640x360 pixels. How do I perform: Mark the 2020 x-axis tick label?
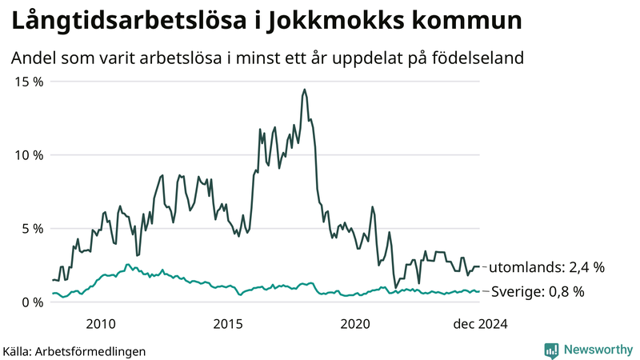pyautogui.click(x=356, y=324)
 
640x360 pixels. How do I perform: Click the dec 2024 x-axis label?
pyautogui.click(x=480, y=324)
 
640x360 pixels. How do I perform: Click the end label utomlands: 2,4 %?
pyautogui.click(x=546, y=266)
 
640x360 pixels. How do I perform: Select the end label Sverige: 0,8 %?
pyautogui.click(x=537, y=291)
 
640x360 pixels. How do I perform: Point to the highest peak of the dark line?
pyautogui.click(x=305, y=90)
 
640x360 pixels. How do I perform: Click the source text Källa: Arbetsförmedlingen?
pyautogui.click(x=74, y=351)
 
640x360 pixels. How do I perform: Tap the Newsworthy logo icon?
pyautogui.click(x=551, y=350)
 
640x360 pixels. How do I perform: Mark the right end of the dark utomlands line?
pyautogui.click(x=480, y=266)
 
